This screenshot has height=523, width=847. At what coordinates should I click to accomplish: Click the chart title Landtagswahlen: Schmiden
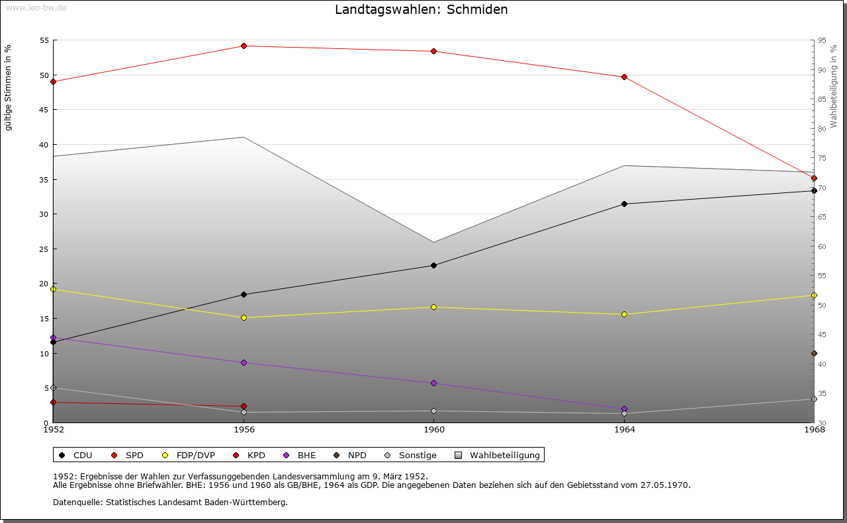422,10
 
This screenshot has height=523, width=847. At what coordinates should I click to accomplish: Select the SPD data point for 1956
244,46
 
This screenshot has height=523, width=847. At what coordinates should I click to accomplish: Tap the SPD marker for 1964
624,77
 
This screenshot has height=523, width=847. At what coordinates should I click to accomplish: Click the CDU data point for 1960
434,266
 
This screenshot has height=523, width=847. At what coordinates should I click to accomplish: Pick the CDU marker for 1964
624,204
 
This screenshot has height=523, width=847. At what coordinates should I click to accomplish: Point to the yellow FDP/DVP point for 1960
434,307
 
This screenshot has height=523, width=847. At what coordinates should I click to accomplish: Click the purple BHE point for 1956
244,363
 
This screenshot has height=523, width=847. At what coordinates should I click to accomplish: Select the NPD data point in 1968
814,354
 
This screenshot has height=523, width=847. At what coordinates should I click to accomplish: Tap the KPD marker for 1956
244,407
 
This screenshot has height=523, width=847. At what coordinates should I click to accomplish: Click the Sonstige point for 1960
434,411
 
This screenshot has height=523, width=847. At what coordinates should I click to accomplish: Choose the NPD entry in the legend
351,456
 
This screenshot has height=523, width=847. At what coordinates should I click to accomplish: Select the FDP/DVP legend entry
189,456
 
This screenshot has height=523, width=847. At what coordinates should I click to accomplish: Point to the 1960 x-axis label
434,430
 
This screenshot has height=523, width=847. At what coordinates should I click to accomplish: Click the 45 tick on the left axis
45,110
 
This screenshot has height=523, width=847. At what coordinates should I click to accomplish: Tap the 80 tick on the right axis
822,129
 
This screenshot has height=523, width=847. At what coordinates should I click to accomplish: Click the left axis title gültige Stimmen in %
9,87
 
